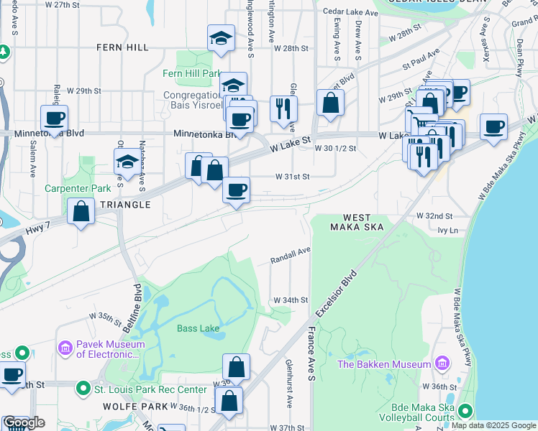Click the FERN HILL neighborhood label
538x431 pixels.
tap(123, 47)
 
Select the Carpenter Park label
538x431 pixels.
tap(77, 189)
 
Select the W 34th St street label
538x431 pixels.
tap(291, 300)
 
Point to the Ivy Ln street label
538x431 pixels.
tap(447, 231)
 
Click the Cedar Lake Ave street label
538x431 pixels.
tap(350, 12)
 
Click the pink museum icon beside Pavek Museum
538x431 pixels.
tap(65, 348)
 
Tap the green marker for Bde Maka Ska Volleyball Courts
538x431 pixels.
tap(465, 412)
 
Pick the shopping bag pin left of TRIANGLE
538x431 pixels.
tap(81, 212)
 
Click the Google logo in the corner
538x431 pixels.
tap(24, 422)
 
